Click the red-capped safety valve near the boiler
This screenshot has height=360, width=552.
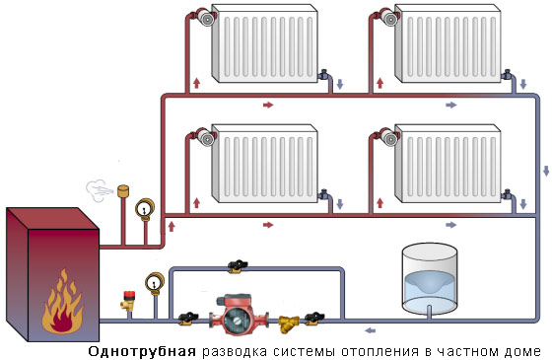pos(128,301)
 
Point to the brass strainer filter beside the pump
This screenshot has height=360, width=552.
pos(289,324)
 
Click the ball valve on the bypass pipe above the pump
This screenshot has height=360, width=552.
pos(238,266)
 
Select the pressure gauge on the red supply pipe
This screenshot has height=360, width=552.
pos(145,209)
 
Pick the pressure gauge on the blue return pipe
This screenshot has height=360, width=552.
pos(155,283)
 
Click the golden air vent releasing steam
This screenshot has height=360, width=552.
pos(123,191)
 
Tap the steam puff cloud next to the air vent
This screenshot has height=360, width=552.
pos(99,190)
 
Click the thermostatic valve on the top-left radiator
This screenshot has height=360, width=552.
pos(204,17)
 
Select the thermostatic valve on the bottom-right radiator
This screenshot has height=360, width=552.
pos(387,137)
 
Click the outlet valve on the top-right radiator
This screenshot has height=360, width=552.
pos(507,75)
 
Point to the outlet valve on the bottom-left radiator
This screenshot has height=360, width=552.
pos(324,195)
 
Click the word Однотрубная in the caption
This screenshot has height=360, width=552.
pos(142,351)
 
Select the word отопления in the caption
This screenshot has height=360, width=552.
pos(380,351)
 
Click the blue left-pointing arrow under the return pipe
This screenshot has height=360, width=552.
pos(370,330)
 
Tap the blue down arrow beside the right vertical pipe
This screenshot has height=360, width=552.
pos(546,171)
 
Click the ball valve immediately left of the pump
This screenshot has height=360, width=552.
pos(187,318)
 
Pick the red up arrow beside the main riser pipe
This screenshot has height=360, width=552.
pos(172,227)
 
